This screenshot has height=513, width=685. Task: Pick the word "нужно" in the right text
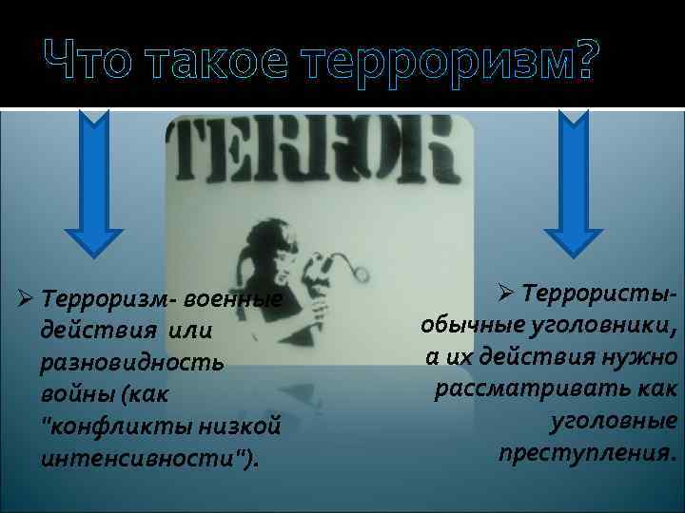click(x=639, y=358)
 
